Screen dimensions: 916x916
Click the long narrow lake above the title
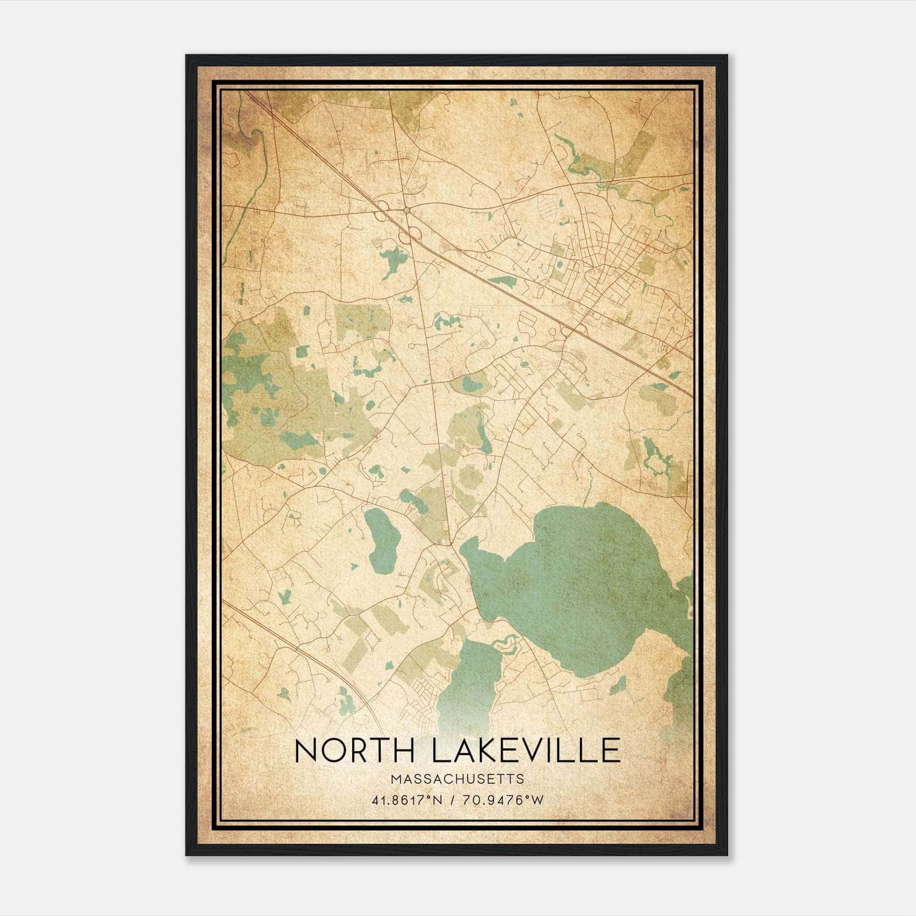pyautogui.click(x=469, y=681)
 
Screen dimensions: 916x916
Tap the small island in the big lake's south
pyautogui.click(x=617, y=685)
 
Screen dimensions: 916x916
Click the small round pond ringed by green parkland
pyautogui.click(x=471, y=384)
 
